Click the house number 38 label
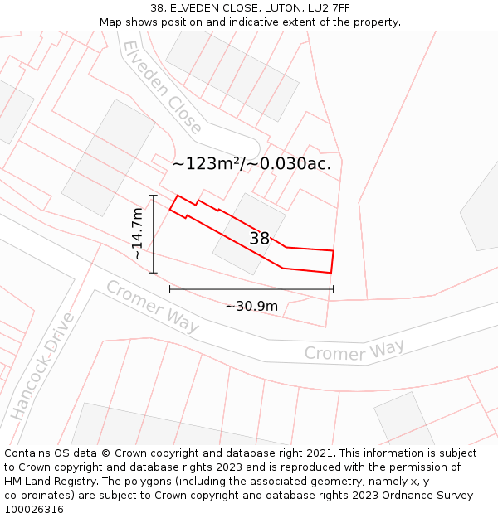coord(260,239)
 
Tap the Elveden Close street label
coord(162,87)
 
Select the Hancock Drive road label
coord(42,366)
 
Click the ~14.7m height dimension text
coord(138,235)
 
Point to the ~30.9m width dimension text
coord(251,306)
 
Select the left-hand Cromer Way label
coord(152,307)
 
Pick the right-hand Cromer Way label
coord(354,351)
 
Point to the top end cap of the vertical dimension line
coord(154,195)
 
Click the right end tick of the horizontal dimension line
coord(333,289)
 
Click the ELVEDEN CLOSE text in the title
coord(212,7)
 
